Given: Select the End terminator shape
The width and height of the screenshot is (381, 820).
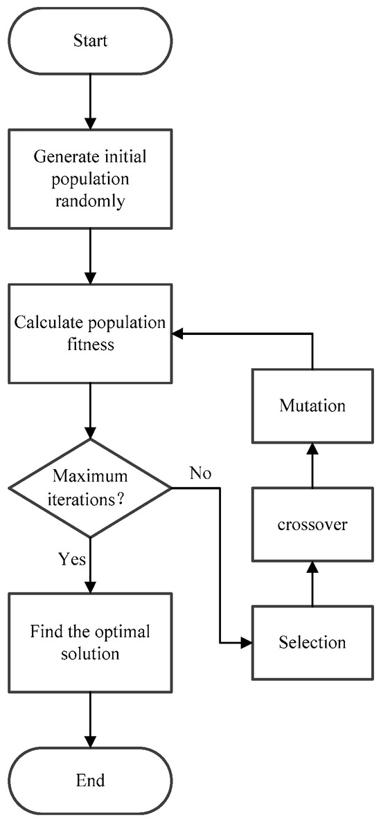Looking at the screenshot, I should (x=91, y=780).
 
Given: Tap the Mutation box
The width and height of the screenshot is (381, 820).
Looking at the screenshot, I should (x=312, y=406).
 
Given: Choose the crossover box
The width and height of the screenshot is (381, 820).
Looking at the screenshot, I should (x=312, y=524).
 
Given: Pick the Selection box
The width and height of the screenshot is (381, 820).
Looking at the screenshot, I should (x=312, y=642).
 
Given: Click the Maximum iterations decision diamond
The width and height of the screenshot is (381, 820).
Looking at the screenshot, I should (x=91, y=488).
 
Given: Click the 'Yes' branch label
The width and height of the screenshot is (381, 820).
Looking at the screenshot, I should (x=72, y=558).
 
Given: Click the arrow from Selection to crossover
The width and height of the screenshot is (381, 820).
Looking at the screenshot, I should (x=312, y=584).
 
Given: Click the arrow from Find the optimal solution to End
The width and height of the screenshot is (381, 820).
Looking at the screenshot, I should (x=91, y=720).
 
